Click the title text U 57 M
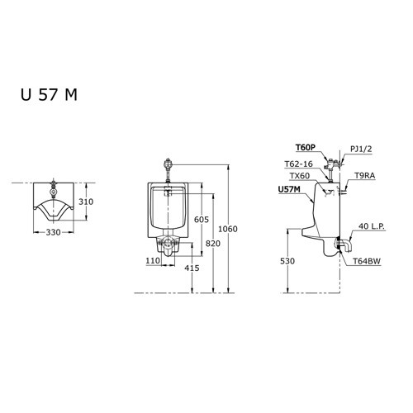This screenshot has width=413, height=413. click(x=49, y=93)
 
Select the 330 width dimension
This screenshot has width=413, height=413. click(x=55, y=234)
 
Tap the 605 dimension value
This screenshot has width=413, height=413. click(x=201, y=219)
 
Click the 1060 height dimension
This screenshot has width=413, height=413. click(x=238, y=229)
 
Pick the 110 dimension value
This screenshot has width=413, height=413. click(x=153, y=260)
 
